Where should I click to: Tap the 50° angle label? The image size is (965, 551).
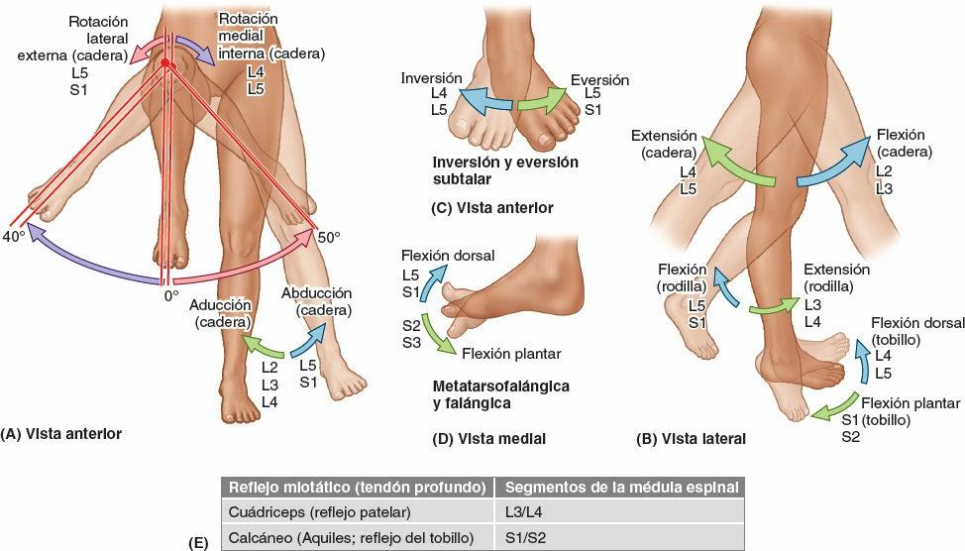[328, 237]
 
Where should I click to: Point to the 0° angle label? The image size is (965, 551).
[170, 294]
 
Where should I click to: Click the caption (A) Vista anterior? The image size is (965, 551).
[61, 433]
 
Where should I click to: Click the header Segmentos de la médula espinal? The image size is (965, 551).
[620, 487]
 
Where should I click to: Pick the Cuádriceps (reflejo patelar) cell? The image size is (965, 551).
[319, 512]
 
